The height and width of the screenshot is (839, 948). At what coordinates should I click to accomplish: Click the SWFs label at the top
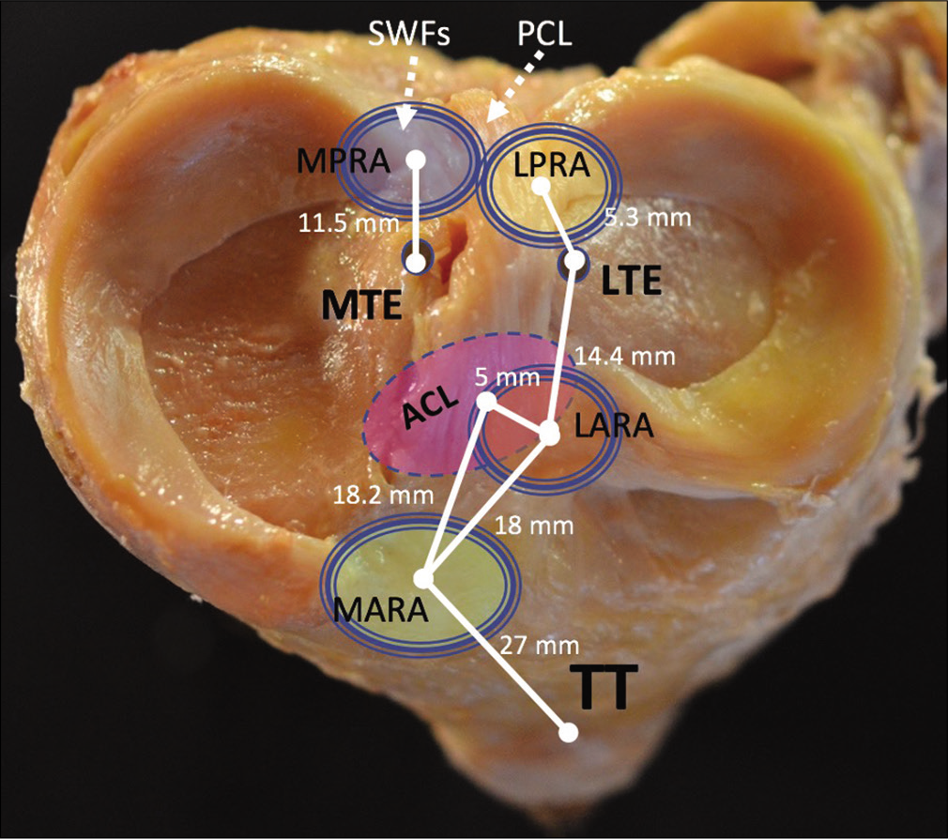click(409, 36)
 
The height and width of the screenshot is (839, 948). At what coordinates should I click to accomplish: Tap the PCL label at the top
click(544, 36)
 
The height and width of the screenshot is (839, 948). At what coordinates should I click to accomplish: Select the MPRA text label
click(344, 161)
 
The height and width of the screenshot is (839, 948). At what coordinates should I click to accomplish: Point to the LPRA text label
click(551, 164)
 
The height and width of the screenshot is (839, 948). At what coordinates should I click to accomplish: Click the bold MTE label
click(362, 306)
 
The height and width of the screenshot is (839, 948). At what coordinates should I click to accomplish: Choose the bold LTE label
click(631, 282)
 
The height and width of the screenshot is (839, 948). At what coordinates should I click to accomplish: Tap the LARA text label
click(614, 425)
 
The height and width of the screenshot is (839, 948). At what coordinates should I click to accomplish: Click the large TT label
click(604, 688)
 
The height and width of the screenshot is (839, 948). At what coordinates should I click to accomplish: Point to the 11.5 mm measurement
click(349, 223)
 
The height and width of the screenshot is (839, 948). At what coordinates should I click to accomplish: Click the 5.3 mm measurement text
click(649, 217)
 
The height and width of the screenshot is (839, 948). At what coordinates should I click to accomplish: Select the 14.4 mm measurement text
click(624, 356)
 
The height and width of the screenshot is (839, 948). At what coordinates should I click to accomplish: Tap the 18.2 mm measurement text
click(383, 496)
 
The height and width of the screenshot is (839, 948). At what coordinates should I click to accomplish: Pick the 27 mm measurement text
click(540, 646)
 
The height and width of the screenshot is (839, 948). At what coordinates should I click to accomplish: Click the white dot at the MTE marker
click(416, 263)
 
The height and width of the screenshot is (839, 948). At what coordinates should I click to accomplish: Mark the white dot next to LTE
click(575, 261)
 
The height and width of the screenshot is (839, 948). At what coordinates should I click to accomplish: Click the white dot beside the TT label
click(568, 733)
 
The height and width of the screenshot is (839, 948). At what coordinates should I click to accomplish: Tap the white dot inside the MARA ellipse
click(424, 578)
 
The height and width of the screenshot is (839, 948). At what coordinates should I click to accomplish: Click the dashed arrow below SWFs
click(408, 91)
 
